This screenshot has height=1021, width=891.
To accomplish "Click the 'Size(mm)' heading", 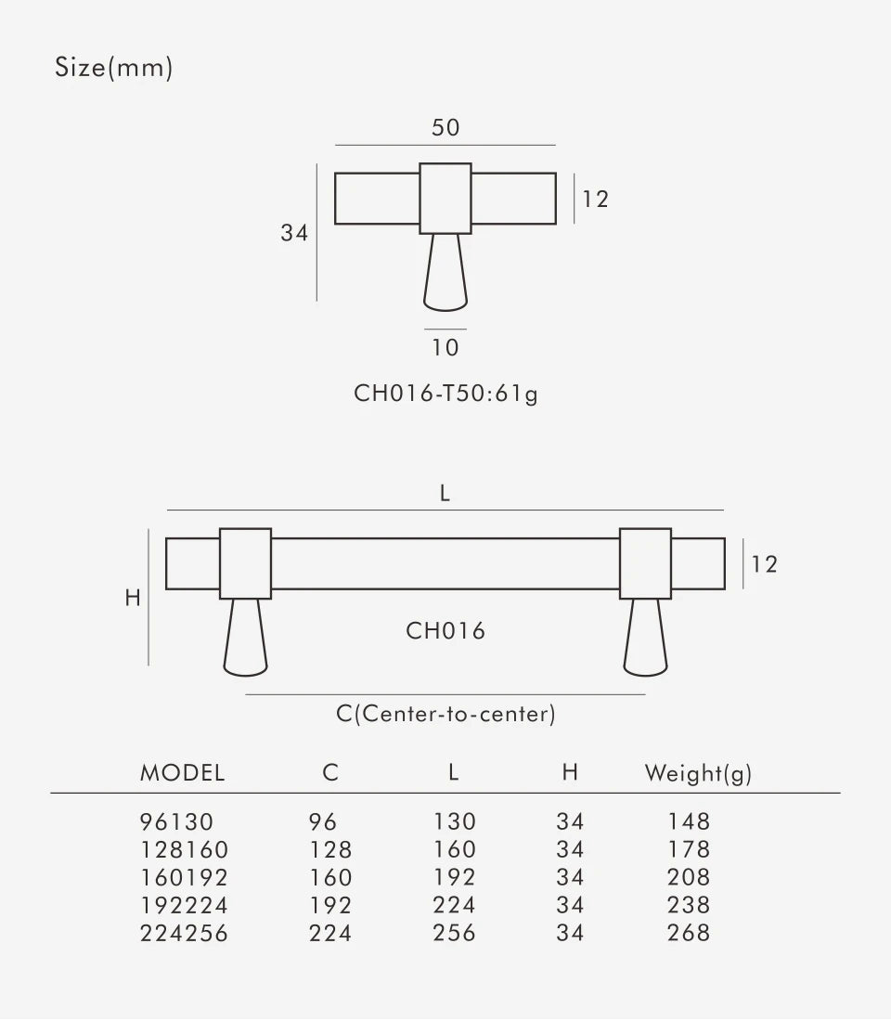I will pyautogui.click(x=113, y=68).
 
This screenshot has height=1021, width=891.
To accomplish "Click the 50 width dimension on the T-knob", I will pyautogui.click(x=445, y=128).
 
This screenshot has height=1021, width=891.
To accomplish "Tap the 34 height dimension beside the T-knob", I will pyautogui.click(x=294, y=233).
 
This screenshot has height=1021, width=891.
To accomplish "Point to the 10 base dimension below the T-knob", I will pyautogui.click(x=445, y=348).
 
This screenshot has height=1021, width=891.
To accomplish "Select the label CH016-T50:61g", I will pyautogui.click(x=445, y=394).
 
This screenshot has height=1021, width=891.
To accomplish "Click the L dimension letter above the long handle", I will pyautogui.click(x=445, y=494).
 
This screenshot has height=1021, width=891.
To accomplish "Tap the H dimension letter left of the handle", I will pyautogui.click(x=133, y=599).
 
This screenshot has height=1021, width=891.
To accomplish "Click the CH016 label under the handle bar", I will pyautogui.click(x=445, y=631).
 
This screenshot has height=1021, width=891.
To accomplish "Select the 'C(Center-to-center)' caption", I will pyautogui.click(x=445, y=714).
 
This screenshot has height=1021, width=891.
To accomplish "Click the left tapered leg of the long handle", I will pyautogui.click(x=246, y=636).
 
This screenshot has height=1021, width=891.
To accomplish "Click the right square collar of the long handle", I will pyautogui.click(x=645, y=563).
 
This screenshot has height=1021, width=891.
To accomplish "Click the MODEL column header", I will pyautogui.click(x=182, y=772).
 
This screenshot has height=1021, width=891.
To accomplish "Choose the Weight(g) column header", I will pyautogui.click(x=698, y=772).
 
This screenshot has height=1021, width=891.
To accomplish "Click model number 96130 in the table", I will pyautogui.click(x=176, y=821).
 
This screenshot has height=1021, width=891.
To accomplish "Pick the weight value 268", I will pyautogui.click(x=689, y=933).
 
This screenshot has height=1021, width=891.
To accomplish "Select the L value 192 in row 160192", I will pyautogui.click(x=454, y=877).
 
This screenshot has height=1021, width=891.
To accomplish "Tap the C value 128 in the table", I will pyautogui.click(x=330, y=849).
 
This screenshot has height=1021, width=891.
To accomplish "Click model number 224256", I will pyautogui.click(x=184, y=933).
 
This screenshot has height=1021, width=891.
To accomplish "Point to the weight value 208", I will pyautogui.click(x=689, y=877).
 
